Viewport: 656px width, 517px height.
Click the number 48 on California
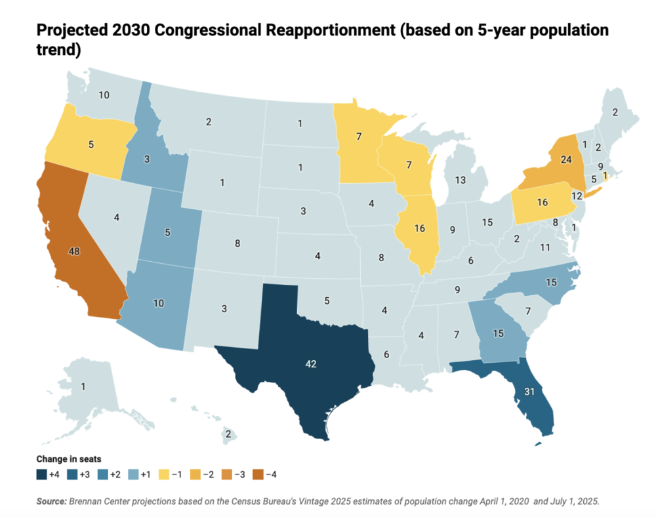[75, 251]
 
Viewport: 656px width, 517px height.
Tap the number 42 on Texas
[312, 363]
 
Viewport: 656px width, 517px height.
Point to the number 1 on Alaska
[83, 387]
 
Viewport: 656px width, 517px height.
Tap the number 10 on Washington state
[104, 94]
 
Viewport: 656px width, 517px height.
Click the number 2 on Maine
[615, 112]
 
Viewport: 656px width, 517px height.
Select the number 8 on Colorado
[237, 243]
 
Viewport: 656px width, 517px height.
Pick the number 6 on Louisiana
[387, 354]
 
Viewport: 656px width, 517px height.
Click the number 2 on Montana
[208, 121]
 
